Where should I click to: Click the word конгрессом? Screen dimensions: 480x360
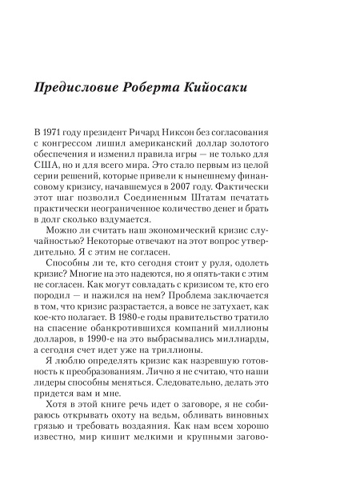tap(76, 143)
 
